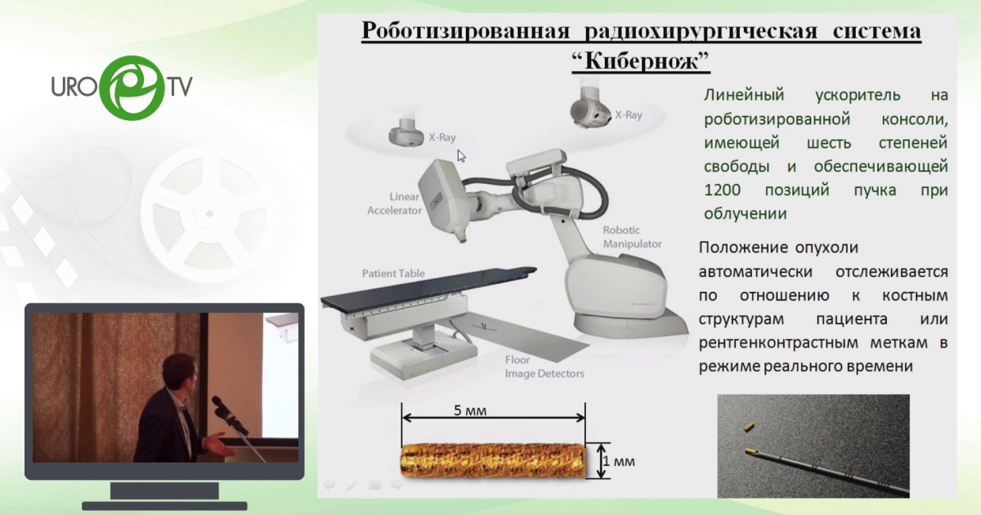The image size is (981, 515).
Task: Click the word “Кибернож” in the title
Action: (640, 60)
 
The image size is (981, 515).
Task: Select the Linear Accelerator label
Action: (395, 204)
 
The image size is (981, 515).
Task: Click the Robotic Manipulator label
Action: (632, 237)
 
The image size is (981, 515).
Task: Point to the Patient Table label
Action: (393, 274)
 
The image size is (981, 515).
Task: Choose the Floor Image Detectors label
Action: (544, 367)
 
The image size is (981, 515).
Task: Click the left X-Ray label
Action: (442, 137)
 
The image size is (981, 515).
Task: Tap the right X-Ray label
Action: (628, 115)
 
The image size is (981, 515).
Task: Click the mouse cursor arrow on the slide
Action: (461, 154)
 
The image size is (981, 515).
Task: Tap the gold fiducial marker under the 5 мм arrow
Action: (494, 459)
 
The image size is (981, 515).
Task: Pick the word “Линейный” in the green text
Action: (741, 95)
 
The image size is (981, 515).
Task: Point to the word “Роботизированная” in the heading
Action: (465, 32)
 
